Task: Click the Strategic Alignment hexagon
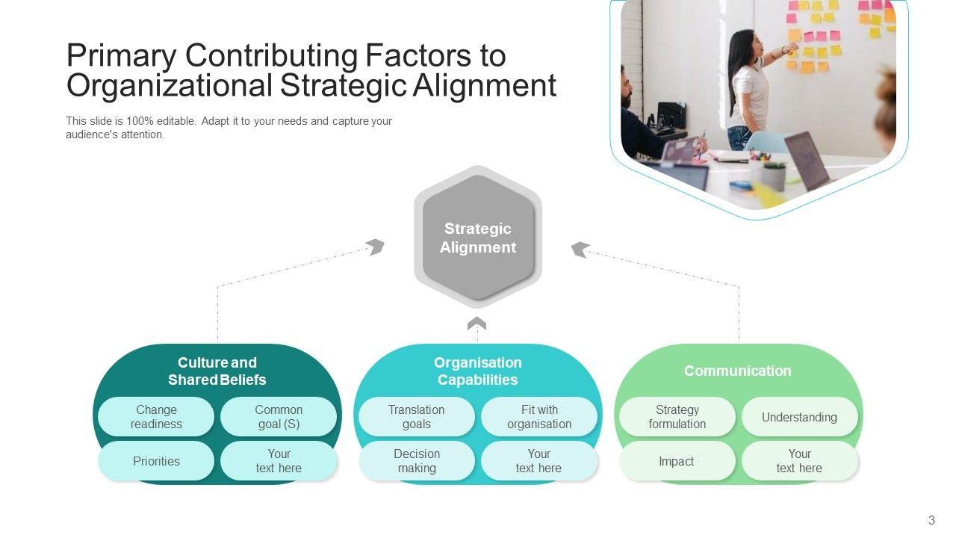478,238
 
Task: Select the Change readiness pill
156,417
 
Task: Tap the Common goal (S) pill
279,417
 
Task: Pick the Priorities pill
156,461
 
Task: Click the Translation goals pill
416,417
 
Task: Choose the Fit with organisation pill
538,417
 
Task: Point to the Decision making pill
416,461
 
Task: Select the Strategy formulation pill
677,417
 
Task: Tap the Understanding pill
799,417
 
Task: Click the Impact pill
677,461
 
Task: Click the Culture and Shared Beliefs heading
217,371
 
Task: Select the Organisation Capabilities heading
477,371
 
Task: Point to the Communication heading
737,371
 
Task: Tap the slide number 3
931,520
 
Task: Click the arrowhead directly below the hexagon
477,324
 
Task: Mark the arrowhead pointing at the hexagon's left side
375,247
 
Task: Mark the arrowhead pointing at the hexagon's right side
580,250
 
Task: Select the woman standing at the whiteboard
748,86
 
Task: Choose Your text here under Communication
799,461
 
